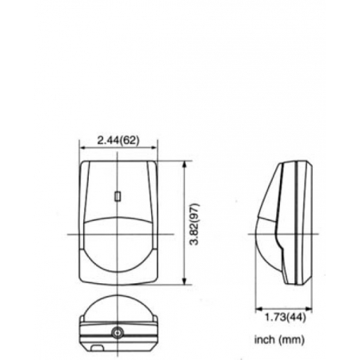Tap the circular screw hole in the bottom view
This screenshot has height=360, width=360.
click(119, 332)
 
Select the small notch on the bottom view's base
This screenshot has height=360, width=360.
click(94, 347)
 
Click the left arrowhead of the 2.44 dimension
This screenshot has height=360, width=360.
click(82, 150)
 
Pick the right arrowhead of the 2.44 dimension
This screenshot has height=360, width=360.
click(156, 150)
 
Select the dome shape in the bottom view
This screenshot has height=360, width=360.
click(119, 308)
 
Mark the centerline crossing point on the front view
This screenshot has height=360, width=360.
click(119, 234)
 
